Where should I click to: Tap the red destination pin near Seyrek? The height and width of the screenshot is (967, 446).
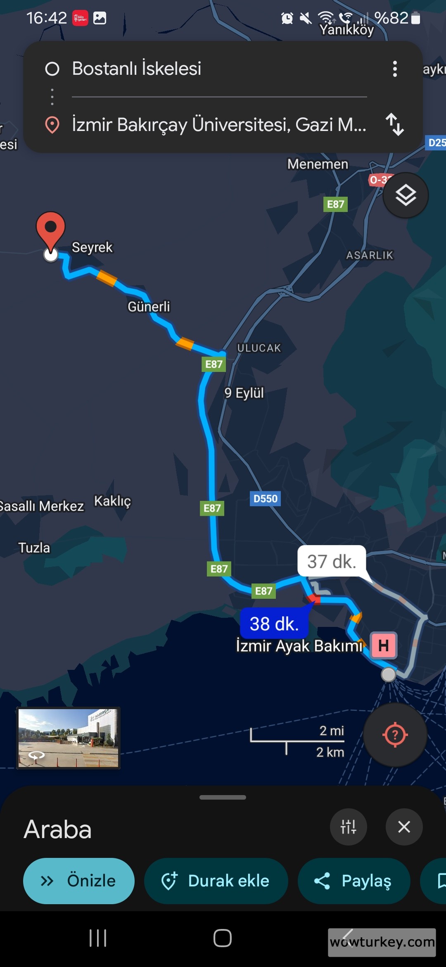[50, 229]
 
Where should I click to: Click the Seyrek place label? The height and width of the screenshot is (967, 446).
[92, 247]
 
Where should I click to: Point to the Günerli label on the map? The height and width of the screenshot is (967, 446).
[149, 307]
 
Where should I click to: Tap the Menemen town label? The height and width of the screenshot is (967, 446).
[318, 164]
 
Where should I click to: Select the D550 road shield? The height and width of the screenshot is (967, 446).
[265, 498]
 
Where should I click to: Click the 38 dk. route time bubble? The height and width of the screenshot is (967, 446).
[274, 624]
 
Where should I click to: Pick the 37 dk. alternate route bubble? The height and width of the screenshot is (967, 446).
[332, 561]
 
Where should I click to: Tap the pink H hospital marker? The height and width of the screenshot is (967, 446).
[384, 645]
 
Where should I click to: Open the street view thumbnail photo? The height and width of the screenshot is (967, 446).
[68, 738]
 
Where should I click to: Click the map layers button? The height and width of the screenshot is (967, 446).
[406, 195]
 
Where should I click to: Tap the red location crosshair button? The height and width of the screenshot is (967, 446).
[395, 735]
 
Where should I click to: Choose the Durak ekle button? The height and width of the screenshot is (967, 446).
[216, 881]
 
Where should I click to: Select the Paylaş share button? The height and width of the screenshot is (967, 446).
[354, 881]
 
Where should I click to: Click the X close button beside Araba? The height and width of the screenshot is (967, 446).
[404, 827]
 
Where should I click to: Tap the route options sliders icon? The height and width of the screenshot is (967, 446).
[348, 827]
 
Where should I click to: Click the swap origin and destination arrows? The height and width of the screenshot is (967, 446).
[394, 124]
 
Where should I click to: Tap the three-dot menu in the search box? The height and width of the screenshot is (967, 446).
[395, 69]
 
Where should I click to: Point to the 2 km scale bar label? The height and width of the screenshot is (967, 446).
[330, 752]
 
